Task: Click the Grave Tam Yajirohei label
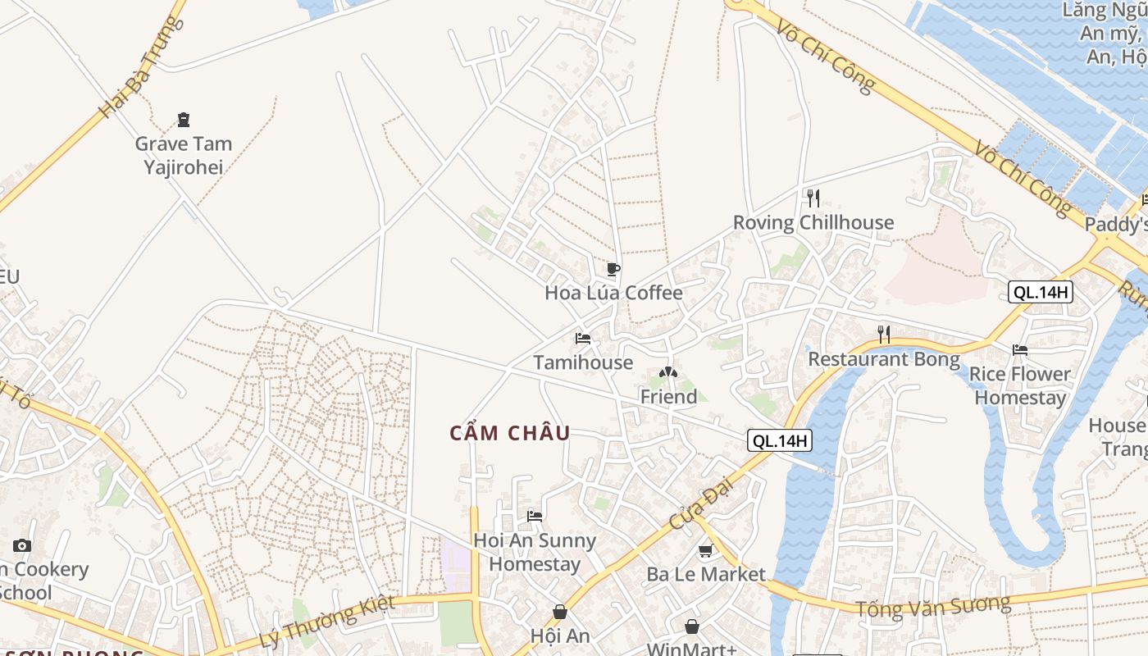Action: click(x=184, y=155)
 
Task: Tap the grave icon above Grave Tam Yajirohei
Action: click(x=184, y=120)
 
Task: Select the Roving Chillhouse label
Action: click(x=813, y=222)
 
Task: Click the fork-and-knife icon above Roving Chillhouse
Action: click(x=813, y=198)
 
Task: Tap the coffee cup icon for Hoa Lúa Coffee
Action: click(x=613, y=269)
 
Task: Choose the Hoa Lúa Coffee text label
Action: click(x=613, y=293)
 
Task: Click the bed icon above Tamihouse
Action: click(x=583, y=338)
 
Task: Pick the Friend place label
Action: click(x=668, y=397)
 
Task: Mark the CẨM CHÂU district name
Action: click(x=510, y=433)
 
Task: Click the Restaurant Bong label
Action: click(x=884, y=359)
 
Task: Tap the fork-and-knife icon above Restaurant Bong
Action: click(x=884, y=334)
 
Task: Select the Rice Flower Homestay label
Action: click(x=1020, y=385)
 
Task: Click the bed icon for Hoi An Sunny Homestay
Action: click(x=535, y=516)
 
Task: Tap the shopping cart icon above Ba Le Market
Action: click(x=705, y=550)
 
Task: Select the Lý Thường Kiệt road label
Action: click(x=326, y=622)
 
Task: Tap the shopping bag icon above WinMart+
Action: click(x=692, y=626)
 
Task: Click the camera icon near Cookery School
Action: click(x=22, y=545)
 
